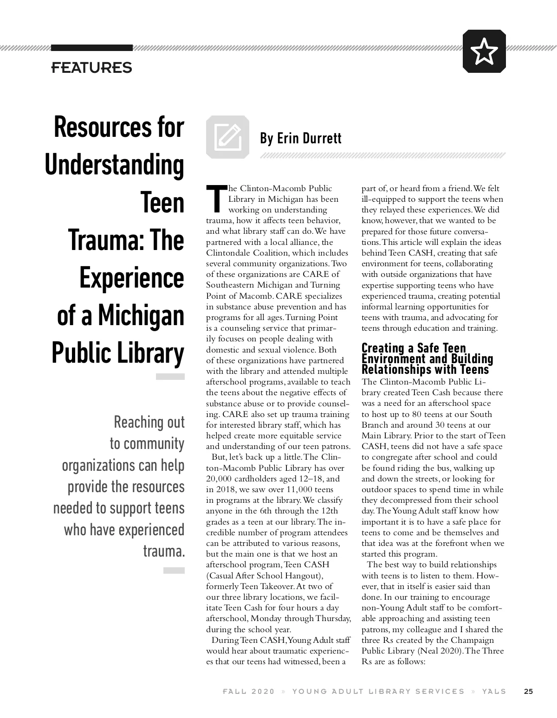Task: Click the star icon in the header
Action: point(484,51)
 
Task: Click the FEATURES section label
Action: point(91,68)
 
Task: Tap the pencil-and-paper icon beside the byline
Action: point(228,137)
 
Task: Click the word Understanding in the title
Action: point(115,165)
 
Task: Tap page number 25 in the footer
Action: point(528,691)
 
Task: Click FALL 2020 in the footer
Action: point(249,691)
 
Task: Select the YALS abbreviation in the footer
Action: point(494,691)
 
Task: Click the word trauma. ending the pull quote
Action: point(164,551)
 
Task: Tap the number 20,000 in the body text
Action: point(220,479)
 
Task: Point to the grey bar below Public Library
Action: point(170,377)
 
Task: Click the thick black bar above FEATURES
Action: point(91,48)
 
